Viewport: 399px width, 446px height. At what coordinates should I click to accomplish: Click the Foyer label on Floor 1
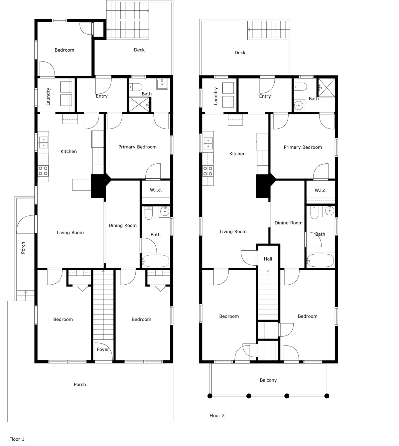pyautogui.click(x=103, y=349)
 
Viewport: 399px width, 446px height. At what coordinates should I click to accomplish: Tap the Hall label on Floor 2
pyautogui.click(x=268, y=259)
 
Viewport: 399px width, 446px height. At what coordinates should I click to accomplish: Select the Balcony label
pyautogui.click(x=268, y=380)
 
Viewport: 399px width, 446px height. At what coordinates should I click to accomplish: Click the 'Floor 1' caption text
pyautogui.click(x=17, y=439)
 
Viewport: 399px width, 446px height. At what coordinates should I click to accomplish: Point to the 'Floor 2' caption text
pyautogui.click(x=217, y=415)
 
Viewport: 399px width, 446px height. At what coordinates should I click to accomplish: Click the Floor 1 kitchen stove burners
pyautogui.click(x=43, y=171)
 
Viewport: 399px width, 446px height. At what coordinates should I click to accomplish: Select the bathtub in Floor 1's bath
pyautogui.click(x=156, y=261)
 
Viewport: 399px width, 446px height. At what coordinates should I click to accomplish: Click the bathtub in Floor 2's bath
pyautogui.click(x=320, y=261)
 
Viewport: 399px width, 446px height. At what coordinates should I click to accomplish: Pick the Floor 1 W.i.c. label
pyautogui.click(x=156, y=190)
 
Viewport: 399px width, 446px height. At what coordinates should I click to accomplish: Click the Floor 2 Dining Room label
pyautogui.click(x=288, y=223)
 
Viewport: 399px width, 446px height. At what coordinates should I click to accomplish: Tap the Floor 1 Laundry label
pyautogui.click(x=48, y=97)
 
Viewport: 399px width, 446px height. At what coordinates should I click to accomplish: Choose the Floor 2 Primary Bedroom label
pyautogui.click(x=303, y=147)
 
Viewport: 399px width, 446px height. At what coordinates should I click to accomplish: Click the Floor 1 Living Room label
pyautogui.click(x=70, y=232)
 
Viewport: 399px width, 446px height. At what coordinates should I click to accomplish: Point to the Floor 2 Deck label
pyautogui.click(x=240, y=53)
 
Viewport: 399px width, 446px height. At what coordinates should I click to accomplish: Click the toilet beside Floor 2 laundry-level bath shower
pyautogui.click(x=300, y=87)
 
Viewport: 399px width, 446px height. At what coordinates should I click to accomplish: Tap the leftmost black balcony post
pyautogui.click(x=210, y=396)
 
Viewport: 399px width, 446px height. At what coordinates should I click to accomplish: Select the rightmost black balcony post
pyautogui.click(x=327, y=396)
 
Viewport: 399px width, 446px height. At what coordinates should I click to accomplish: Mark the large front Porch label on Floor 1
pyautogui.click(x=80, y=384)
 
